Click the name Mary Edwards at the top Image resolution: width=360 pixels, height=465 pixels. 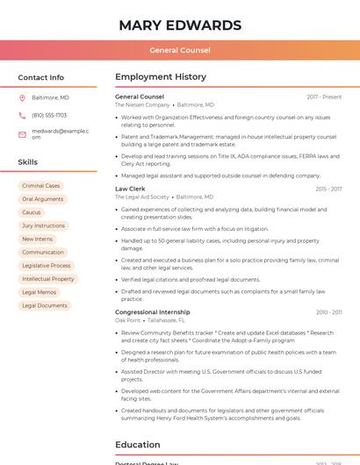click(180, 25)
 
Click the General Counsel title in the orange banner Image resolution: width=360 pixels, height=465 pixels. click(180, 50)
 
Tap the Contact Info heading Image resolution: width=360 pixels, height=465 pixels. click(40, 77)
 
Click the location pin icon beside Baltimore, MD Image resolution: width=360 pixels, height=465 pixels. click(22, 97)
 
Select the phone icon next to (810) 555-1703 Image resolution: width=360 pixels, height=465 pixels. click(22, 115)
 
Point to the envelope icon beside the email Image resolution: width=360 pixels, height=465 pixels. click(22, 134)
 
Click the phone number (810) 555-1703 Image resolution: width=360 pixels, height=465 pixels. click(49, 115)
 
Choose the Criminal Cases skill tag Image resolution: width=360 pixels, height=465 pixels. click(41, 186)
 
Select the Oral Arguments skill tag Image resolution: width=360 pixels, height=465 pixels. click(42, 199)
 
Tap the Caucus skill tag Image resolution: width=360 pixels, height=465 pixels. click(32, 212)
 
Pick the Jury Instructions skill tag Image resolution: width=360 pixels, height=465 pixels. click(43, 225)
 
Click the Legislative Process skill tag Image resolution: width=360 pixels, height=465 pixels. click(47, 265)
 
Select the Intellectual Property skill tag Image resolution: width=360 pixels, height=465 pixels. click(48, 279)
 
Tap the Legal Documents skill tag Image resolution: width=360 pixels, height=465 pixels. click(45, 305)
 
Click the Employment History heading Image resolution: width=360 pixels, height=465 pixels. click(161, 77)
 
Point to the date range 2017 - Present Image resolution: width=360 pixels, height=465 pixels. click(324, 97)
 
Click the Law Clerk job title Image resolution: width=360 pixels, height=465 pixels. click(130, 189)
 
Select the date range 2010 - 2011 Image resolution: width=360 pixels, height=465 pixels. click(328, 312)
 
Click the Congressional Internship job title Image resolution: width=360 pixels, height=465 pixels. click(152, 312)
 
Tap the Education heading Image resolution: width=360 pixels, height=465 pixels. click(138, 445)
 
